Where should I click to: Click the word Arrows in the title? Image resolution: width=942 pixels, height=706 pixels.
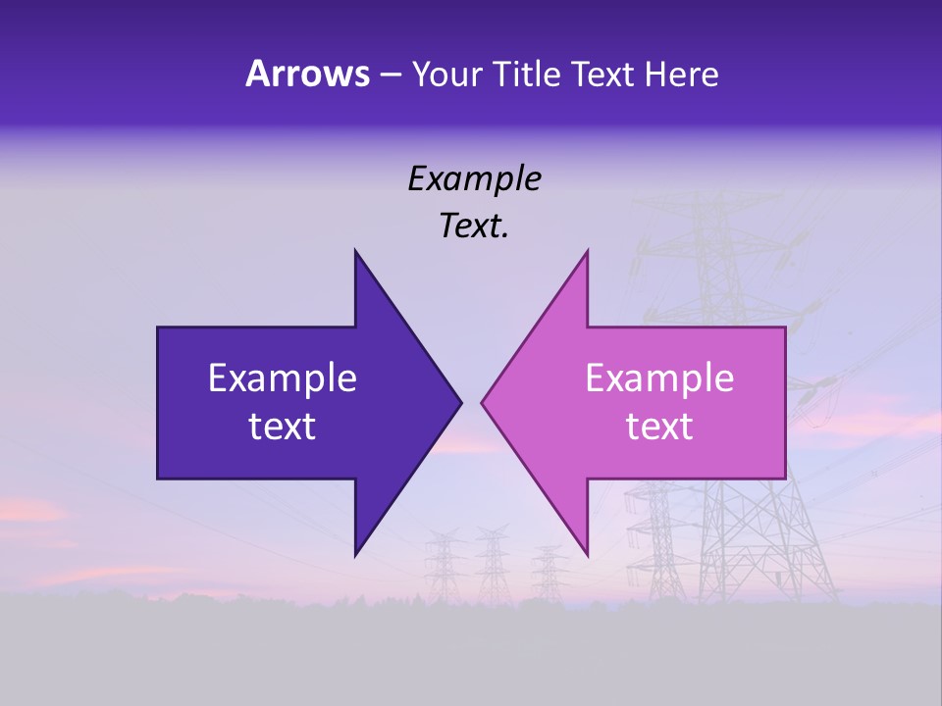pyautogui.click(x=306, y=74)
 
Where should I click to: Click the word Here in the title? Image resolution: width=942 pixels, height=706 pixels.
pyautogui.click(x=680, y=74)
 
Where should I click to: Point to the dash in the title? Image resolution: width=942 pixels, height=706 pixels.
pyautogui.click(x=390, y=76)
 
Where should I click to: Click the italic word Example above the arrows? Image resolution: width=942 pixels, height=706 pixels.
pyautogui.click(x=474, y=178)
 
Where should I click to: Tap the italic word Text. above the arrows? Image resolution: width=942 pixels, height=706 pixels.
pyautogui.click(x=474, y=227)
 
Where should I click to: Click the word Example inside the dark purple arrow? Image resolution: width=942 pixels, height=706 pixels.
pyautogui.click(x=283, y=378)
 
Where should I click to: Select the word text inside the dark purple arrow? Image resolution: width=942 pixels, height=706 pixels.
pyautogui.click(x=283, y=427)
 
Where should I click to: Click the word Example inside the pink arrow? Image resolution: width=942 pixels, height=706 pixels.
pyautogui.click(x=659, y=378)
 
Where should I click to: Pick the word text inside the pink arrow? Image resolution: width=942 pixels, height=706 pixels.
pyautogui.click(x=659, y=427)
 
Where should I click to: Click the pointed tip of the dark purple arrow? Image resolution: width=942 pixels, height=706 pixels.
pyautogui.click(x=460, y=402)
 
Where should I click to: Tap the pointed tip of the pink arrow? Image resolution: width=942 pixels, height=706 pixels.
pyautogui.click(x=482, y=402)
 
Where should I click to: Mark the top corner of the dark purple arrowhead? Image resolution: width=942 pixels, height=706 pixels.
pyautogui.click(x=355, y=251)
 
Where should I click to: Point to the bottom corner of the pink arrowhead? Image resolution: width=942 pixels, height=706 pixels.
pyautogui.click(x=587, y=555)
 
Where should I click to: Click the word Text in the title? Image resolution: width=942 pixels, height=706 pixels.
pyautogui.click(x=602, y=74)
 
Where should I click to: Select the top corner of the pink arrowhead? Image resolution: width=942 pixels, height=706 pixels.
pyautogui.click(x=587, y=251)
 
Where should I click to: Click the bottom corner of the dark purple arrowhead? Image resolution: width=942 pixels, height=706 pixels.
pyautogui.click(x=355, y=555)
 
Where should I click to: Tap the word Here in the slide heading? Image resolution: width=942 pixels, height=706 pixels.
pyautogui.click(x=680, y=74)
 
